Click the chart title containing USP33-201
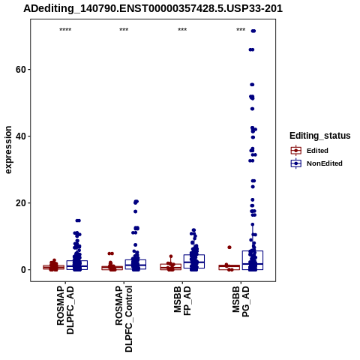coord(153,8)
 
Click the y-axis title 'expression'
coord(8,150)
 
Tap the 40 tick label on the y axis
coord(21,136)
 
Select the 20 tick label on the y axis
coord(21,203)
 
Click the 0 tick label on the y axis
coord(23,270)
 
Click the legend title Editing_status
coord(320,136)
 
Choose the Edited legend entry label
coord(317,151)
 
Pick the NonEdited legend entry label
coord(325,163)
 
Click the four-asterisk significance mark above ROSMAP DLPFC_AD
coord(65,30)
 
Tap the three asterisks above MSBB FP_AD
coord(182,30)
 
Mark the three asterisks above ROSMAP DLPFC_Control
coord(124,30)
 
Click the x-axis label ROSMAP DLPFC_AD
coord(65,310)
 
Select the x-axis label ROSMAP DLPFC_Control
coord(124,319)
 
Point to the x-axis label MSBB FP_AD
coord(182,301)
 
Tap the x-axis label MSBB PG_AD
coord(241,301)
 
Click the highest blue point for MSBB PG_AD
coord(253,31)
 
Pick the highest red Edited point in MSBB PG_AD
coord(229,247)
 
